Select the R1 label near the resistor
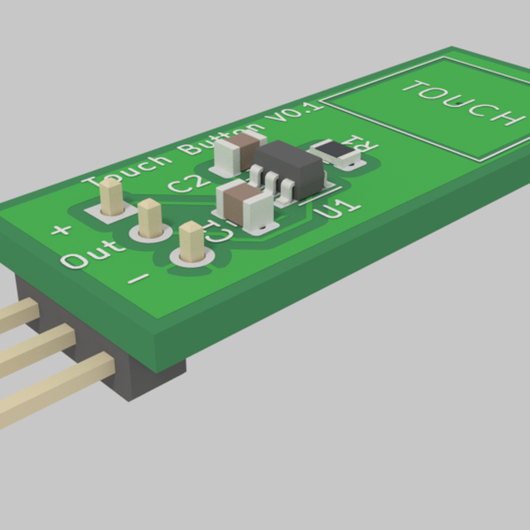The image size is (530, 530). pos(361,143)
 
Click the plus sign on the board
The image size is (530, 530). pos(60,231)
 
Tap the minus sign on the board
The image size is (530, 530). pos(140,278)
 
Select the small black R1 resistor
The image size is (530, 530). pos(337,153)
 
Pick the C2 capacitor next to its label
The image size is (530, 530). pos(241,151)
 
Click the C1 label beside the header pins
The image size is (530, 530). pos(218,231)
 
